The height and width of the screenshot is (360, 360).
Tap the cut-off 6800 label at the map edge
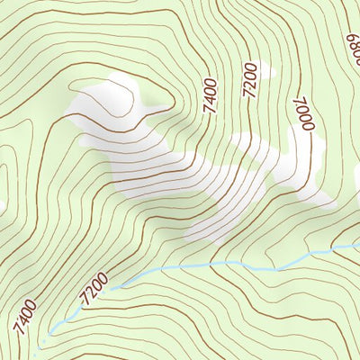tap(352, 40)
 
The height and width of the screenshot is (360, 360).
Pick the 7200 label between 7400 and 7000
tap(251, 81)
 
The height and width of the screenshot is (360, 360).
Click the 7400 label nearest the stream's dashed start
tap(25, 318)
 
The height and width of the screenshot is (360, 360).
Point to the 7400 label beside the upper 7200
tap(210, 95)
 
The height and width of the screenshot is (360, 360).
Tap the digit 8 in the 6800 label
tap(352, 40)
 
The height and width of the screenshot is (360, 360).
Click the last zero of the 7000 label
tap(304, 129)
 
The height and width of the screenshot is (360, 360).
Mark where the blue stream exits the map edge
tap(358, 244)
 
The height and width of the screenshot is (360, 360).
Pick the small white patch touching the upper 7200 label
tap(258, 70)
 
